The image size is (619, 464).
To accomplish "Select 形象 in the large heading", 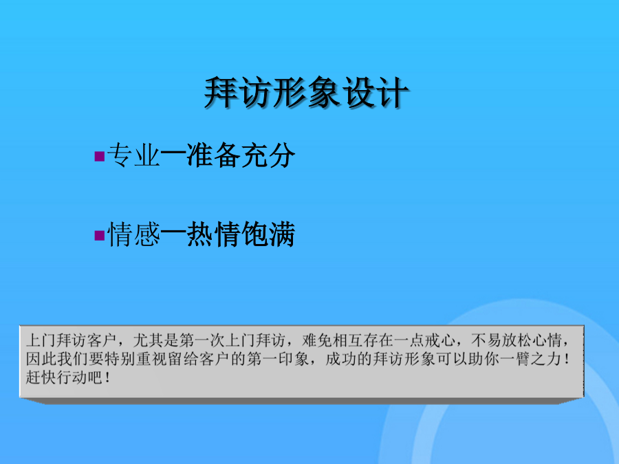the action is tap(306, 93).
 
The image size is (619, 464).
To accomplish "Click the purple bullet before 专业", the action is tap(99, 156).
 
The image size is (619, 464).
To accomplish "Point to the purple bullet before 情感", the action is tap(99, 235).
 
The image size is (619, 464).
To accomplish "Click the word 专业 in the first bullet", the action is tap(133, 155).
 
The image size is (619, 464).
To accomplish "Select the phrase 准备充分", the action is tap(241, 155).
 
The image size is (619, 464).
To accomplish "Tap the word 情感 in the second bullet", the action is tap(133, 234).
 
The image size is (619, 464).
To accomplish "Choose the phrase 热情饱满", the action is tap(241, 234).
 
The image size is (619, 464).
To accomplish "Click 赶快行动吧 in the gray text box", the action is tap(64, 377).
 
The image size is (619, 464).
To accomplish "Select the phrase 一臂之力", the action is tap(530, 359).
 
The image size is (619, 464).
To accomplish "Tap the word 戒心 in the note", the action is tap(440, 340).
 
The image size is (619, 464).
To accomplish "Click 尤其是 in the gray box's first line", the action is tap(156, 340).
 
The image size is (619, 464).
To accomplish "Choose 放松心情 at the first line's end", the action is tap(532, 340).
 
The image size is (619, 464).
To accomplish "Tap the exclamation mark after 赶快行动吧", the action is tap(108, 377).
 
